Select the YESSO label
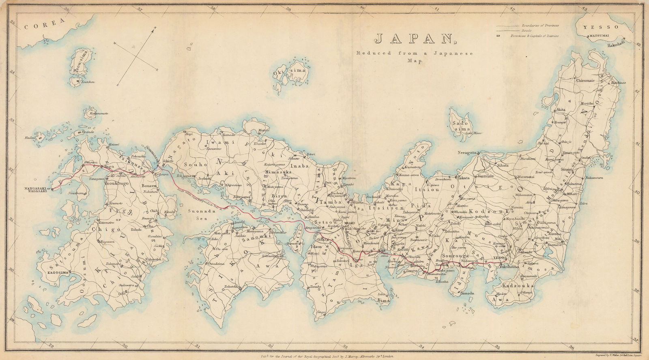601,27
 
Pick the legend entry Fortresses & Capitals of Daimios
534,36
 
